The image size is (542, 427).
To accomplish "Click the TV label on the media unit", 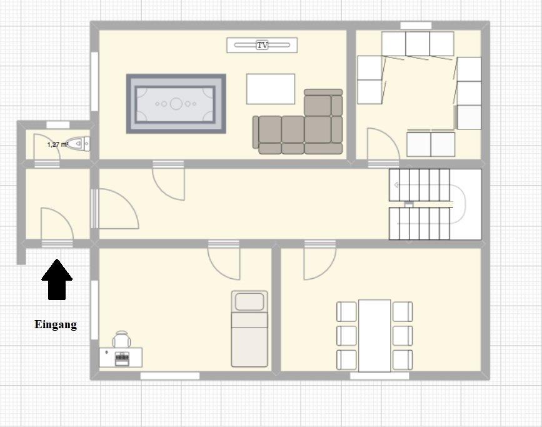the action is (x=263, y=45).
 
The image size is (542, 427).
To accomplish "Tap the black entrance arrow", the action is (x=57, y=279).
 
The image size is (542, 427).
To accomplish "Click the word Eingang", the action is (x=56, y=324).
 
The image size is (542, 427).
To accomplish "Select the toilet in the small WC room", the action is (x=78, y=144).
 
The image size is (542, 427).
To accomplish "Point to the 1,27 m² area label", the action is (x=57, y=144).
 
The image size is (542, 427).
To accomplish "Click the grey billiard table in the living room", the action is (x=176, y=104).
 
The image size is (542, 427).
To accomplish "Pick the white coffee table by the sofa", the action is (x=271, y=89).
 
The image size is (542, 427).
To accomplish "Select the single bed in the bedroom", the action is (x=249, y=328).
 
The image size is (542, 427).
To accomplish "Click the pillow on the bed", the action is (x=249, y=301).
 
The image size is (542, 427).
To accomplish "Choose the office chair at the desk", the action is (x=122, y=339).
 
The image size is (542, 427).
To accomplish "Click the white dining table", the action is (x=374, y=335).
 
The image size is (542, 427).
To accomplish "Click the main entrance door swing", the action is (x=57, y=224).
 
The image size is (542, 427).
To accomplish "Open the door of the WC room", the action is (x=47, y=147).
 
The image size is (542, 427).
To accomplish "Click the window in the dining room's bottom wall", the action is (x=379, y=376).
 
